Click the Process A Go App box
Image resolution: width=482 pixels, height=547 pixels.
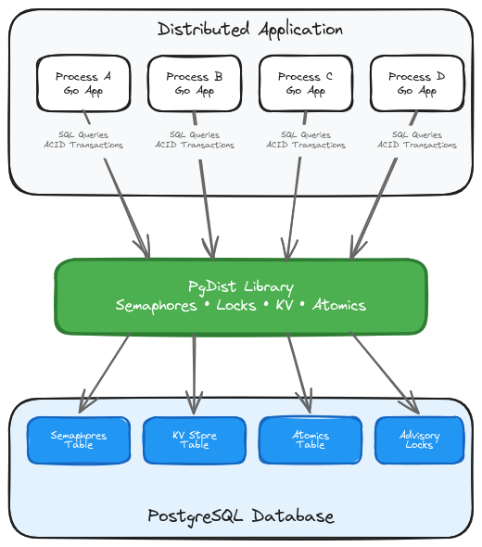coord(83,83)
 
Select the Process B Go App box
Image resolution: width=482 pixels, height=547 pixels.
coord(195,83)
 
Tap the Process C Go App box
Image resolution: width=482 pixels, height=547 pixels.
coord(306,83)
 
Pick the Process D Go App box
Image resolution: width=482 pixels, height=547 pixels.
coord(417,83)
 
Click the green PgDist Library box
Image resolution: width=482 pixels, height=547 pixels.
coord(241,296)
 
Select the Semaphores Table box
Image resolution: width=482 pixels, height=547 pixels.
coord(79,440)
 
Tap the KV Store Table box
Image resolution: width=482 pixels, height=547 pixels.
coord(195,440)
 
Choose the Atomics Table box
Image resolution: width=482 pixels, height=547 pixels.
coord(311,440)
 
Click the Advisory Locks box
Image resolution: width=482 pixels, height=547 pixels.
coord(419,440)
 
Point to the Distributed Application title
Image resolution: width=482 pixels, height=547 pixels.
coord(250,29)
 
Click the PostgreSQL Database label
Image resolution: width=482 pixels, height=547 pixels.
coord(241,515)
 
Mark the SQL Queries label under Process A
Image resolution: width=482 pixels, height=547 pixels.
coord(83,134)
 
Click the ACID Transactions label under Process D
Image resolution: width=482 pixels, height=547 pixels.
coord(417,146)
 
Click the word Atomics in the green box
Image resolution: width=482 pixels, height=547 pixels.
coord(339,305)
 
